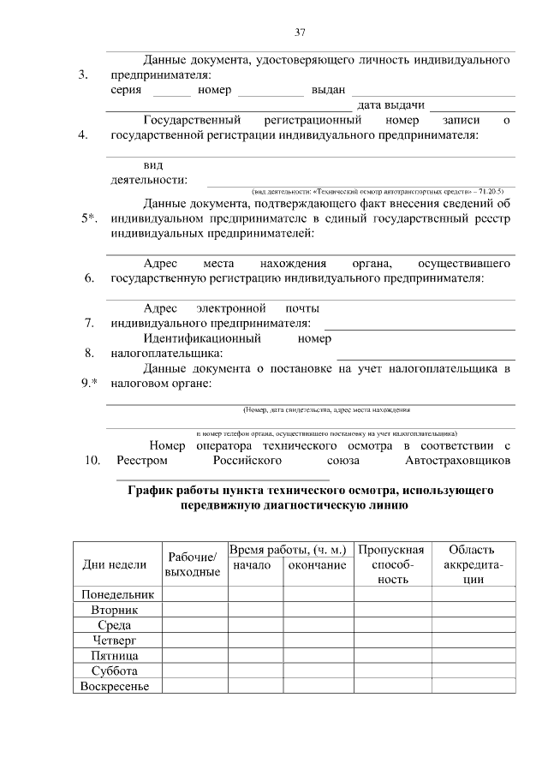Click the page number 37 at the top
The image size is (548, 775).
click(300, 33)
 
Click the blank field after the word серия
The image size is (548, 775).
click(172, 90)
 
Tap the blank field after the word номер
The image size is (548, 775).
click(271, 90)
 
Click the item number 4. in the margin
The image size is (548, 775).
click(84, 135)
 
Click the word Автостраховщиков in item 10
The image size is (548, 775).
click(458, 461)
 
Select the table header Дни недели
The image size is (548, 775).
click(115, 564)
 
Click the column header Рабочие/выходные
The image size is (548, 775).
click(193, 564)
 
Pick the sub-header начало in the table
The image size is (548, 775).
click(252, 565)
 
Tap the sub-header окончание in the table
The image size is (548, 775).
click(318, 565)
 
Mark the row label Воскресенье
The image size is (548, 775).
click(115, 686)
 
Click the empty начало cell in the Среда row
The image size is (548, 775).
click(254, 625)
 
